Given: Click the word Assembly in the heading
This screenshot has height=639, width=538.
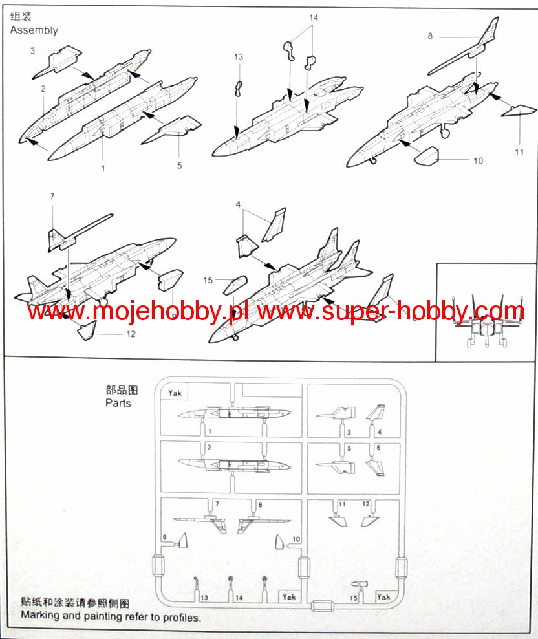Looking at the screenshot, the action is pyautogui.click(x=34, y=30).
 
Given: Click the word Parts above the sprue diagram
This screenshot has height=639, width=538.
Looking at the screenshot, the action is pyautogui.click(x=118, y=403).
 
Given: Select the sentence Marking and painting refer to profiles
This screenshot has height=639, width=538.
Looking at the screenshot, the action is pyautogui.click(x=111, y=616).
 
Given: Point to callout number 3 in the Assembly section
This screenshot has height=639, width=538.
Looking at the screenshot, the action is pyautogui.click(x=32, y=50).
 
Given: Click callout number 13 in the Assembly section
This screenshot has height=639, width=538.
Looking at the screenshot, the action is pyautogui.click(x=239, y=58).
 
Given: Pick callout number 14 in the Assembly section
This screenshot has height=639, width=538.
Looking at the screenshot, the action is pyautogui.click(x=314, y=18).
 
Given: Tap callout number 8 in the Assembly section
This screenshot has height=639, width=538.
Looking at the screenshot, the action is pyautogui.click(x=430, y=36).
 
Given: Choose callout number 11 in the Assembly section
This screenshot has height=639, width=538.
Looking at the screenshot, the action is pyautogui.click(x=519, y=153).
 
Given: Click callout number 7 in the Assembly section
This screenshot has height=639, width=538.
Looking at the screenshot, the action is pyautogui.click(x=52, y=195).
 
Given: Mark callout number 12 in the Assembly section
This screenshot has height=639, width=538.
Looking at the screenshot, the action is pyautogui.click(x=131, y=334).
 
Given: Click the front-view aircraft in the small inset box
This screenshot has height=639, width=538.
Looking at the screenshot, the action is pyautogui.click(x=486, y=321).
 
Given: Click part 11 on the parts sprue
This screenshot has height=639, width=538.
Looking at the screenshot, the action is pyautogui.click(x=337, y=517).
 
